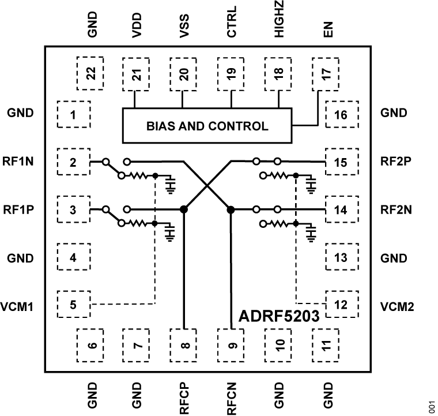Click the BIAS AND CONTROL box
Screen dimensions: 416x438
click(206, 126)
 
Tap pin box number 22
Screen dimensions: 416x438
click(90, 72)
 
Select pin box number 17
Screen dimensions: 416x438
click(326, 72)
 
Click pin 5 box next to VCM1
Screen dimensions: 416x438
click(73, 305)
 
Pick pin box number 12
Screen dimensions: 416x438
click(341, 305)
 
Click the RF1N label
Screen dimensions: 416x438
click(22, 162)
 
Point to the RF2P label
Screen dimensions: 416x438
click(395, 162)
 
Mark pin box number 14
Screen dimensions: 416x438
click(341, 210)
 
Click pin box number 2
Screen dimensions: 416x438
click(73, 162)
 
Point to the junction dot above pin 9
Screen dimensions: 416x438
click(231, 209)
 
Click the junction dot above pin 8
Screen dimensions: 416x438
click(184, 209)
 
